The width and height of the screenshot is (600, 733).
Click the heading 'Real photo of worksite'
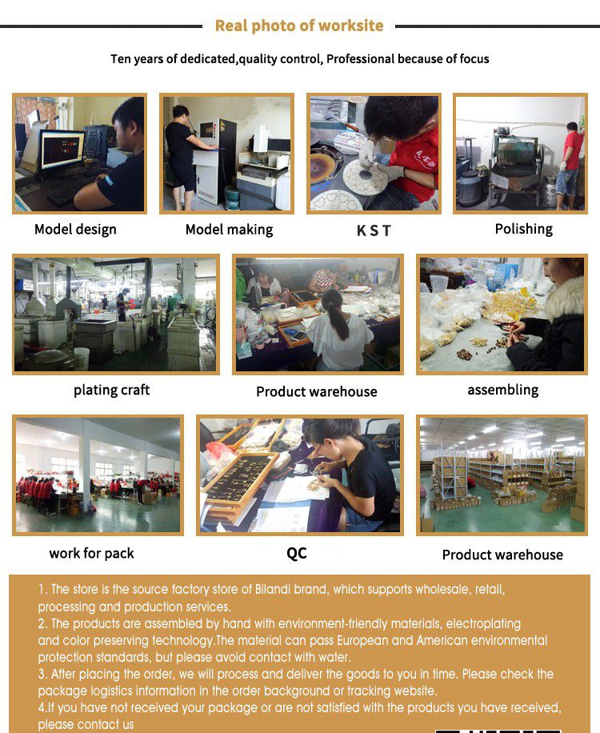point(299,26)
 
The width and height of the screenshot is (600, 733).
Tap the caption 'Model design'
point(75,230)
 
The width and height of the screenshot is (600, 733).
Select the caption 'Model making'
point(229,230)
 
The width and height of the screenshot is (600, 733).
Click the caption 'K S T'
point(374,230)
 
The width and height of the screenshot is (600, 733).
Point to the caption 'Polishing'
point(524,229)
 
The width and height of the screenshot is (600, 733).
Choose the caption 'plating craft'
point(112,390)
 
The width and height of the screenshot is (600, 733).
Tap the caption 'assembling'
point(503,390)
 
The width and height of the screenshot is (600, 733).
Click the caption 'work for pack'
point(91,554)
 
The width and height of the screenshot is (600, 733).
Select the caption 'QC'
point(297,554)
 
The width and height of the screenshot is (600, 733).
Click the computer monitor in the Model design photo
point(62,150)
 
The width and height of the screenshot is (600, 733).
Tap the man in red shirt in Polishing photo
point(570,165)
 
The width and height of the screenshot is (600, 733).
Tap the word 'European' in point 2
point(362,640)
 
